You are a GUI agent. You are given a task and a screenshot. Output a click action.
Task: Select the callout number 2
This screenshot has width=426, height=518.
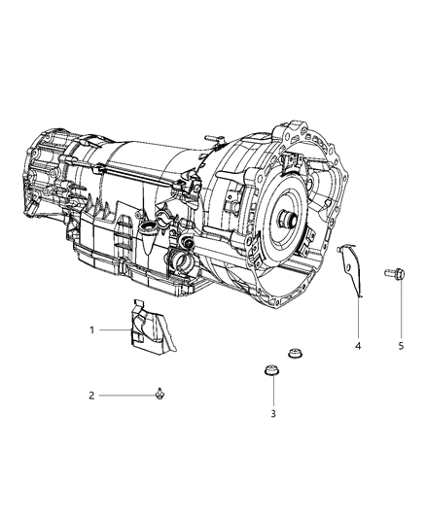(92, 396)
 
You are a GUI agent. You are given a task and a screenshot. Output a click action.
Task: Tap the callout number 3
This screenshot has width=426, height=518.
(273, 413)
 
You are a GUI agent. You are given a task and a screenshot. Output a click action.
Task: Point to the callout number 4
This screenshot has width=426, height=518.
(359, 346)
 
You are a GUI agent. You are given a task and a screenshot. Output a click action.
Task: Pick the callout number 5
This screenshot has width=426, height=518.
(401, 346)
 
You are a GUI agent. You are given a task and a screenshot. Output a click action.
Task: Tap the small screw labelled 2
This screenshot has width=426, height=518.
(157, 394)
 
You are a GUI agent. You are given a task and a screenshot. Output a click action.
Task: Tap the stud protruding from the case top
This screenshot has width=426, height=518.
(220, 138)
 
